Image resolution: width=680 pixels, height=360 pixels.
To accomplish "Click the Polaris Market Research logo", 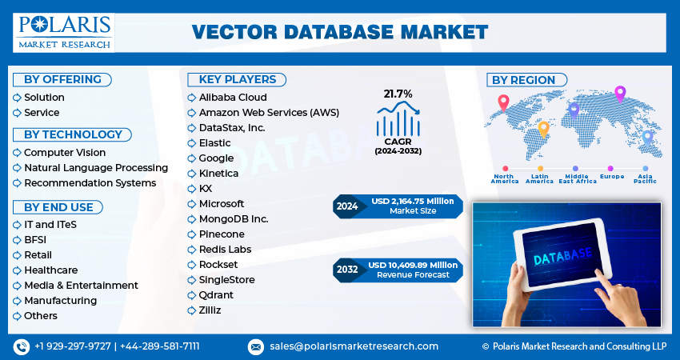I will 64,32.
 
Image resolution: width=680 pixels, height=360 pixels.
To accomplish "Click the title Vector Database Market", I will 340,33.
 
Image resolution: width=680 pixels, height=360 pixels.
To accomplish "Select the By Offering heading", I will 62,79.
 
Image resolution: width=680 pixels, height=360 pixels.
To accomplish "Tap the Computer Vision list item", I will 64,153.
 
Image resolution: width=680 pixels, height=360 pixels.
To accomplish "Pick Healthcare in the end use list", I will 50,270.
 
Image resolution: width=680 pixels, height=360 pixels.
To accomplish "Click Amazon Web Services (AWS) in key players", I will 269,113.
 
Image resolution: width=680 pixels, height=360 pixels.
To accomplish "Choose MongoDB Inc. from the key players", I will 234,219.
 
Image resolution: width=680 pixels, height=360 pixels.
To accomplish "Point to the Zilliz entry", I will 210,310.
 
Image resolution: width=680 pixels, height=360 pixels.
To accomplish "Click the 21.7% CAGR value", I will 398,94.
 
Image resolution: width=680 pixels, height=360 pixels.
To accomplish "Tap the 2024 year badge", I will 347,206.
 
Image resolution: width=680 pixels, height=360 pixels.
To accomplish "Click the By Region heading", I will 523,80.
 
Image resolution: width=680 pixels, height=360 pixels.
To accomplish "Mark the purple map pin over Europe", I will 619,94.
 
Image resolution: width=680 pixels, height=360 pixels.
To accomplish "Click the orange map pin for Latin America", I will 543,128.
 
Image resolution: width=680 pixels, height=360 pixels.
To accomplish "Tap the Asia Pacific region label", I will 646,178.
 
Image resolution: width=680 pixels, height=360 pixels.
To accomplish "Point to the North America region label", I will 505,178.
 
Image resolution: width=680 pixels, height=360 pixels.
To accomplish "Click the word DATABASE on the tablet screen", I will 562,255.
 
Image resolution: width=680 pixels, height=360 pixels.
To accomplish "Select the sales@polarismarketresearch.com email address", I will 353,346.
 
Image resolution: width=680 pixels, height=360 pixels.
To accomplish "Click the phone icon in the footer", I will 21,346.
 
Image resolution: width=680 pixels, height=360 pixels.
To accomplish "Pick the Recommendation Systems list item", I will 90,183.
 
